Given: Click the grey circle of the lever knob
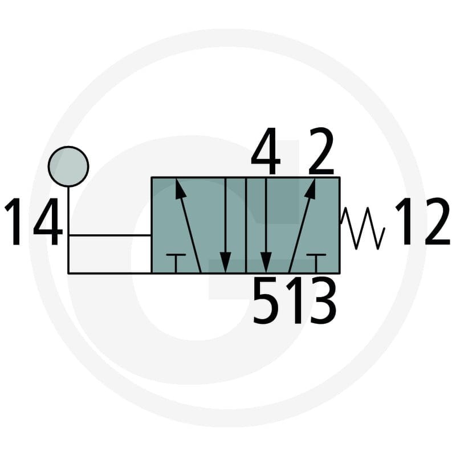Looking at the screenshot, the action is [68, 166].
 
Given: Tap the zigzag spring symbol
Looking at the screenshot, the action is [363, 228].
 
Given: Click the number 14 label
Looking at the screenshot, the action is [34, 221].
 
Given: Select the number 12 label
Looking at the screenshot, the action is [422, 221].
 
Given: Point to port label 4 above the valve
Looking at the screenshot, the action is [266, 150].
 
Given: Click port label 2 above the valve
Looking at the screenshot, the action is [321, 151].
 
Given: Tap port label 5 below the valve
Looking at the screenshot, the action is [264, 300].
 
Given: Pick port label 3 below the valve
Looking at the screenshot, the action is [323, 300].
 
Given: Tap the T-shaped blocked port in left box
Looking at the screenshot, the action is [176, 263].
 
